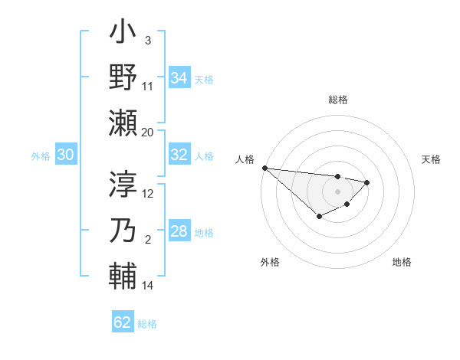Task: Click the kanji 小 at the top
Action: pos(123,34)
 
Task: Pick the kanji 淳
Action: pos(123,185)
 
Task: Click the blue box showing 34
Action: pos(179,78)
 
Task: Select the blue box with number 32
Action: pos(179,155)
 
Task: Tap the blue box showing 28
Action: pos(179,232)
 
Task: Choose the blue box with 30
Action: pos(65,155)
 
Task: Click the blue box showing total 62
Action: pos(123,322)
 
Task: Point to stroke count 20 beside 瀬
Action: pos(148,132)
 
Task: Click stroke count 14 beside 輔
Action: pos(148,286)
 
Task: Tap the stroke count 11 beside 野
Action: pos(148,87)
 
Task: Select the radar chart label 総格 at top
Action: pos(338,100)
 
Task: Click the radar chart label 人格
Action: pos(245,159)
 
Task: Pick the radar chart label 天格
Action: pos(432,159)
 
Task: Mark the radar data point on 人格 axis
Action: pos(264,168)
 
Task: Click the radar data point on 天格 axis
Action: pos(367,182)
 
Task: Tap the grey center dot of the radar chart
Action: pos(338,191)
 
